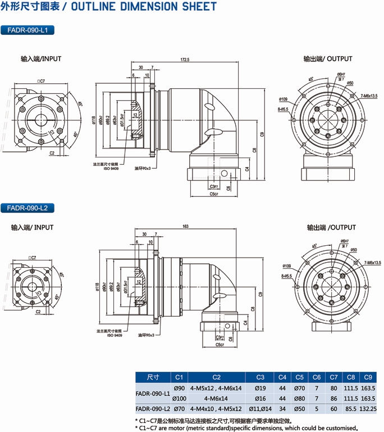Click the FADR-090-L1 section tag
pyautogui.click(x=28, y=30)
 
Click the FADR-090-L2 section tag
pyautogui.click(x=28, y=208)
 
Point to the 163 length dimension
pyautogui.click(x=185, y=227)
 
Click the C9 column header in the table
pyautogui.click(x=368, y=377)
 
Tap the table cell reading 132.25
pyautogui.click(x=368, y=408)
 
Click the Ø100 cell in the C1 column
pyautogui.click(x=179, y=398)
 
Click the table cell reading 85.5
pyautogui.click(x=351, y=408)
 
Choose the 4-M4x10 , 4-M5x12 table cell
pyautogui.click(x=216, y=408)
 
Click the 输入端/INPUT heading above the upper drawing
pyautogui.click(x=41, y=58)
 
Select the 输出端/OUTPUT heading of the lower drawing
pyautogui.click(x=331, y=228)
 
